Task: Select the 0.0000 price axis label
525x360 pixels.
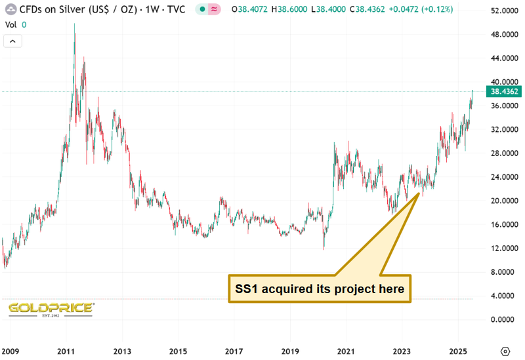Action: point(505,319)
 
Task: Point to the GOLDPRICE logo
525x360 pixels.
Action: point(51,308)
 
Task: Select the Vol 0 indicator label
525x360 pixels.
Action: point(15,24)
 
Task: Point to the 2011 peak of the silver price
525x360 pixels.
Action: point(74,25)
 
